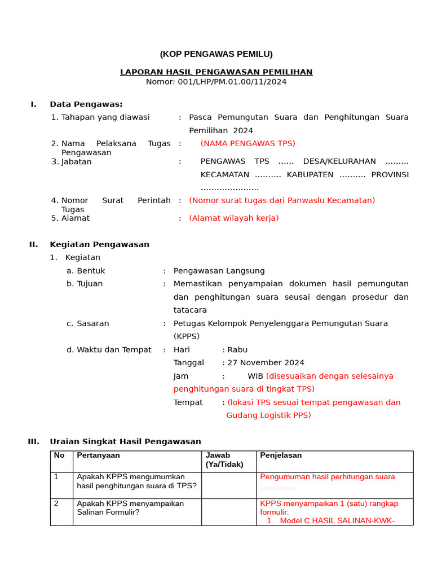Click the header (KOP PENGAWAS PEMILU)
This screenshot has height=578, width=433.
[216, 54]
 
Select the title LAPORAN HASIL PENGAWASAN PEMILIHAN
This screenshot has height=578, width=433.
[216, 72]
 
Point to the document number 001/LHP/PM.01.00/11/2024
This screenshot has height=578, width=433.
[232, 82]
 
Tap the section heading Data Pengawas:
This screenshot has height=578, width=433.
[86, 104]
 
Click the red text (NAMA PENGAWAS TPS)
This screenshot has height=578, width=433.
[248, 143]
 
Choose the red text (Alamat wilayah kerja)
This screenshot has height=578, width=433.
[233, 218]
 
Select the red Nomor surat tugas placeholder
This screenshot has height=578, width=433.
[282, 200]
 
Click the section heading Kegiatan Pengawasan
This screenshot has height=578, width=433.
[99, 244]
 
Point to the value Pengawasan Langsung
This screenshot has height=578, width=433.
[219, 271]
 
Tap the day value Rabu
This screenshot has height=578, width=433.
[237, 350]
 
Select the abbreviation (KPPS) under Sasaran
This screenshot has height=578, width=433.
[187, 336]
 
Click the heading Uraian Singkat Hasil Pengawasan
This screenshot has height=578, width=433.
[125, 441]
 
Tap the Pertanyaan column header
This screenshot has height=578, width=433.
[98, 456]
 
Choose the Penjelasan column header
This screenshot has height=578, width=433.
[281, 456]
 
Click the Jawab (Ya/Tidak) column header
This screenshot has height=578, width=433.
[224, 459]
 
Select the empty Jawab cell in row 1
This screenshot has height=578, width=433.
[229, 485]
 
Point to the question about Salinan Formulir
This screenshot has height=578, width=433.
[130, 507]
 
